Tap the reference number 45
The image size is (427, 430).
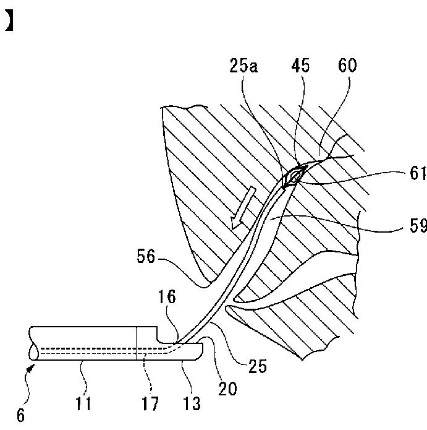302,67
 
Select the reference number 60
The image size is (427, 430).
347,67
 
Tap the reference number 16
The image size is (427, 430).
167,298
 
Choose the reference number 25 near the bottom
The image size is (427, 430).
257,366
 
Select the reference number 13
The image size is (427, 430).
192,405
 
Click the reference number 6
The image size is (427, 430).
21,416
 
